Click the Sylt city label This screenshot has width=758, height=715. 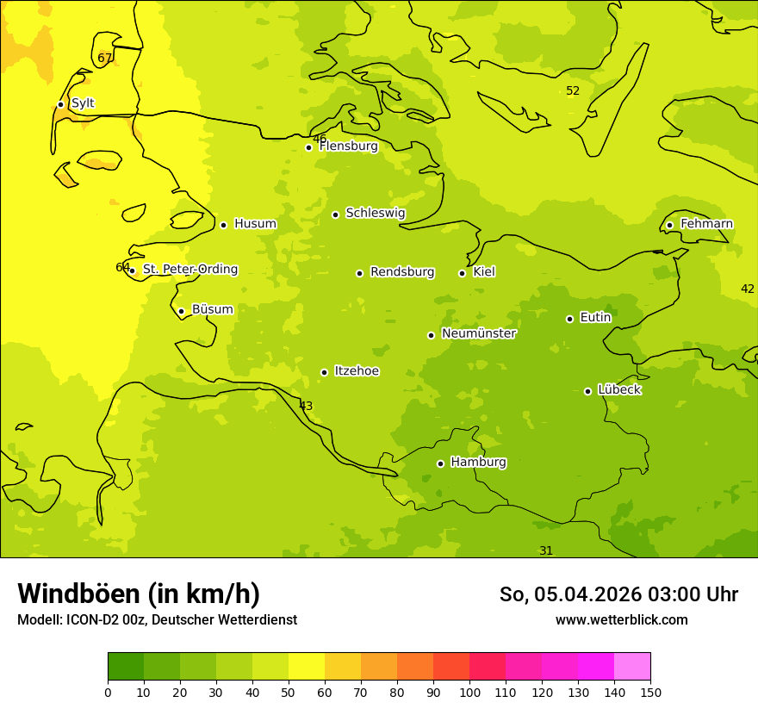pos(83,103)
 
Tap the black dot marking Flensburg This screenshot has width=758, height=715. pos(308,147)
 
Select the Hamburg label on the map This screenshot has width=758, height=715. pos(478,463)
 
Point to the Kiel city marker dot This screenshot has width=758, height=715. pos(462,273)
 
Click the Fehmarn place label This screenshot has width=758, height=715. pos(706,224)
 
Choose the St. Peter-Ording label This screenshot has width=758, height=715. pos(189,270)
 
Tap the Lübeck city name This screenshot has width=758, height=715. pos(618,390)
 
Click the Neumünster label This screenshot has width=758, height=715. pos(478,333)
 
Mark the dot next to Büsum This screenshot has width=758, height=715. pos(181,311)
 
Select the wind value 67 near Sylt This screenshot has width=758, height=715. pos(105,59)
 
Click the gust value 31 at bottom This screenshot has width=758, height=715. pos(546,550)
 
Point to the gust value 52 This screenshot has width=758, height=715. pos(573,91)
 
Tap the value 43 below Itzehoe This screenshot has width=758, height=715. pos(306,406)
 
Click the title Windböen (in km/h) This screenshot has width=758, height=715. pos(139,594)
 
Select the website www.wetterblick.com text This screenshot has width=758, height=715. pos(621,619)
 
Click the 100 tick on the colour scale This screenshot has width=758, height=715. pos(469,692)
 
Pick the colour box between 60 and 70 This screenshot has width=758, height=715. pos(343,667)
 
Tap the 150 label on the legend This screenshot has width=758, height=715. pos(650,692)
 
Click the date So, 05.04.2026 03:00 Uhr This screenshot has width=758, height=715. pos(618,594)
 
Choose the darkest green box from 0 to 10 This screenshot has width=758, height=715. pos(126,667)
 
